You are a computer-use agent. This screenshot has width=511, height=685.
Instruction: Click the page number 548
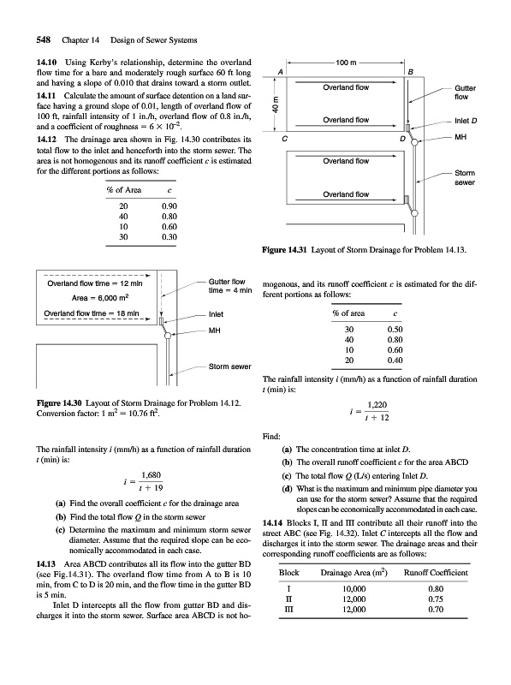click(44, 39)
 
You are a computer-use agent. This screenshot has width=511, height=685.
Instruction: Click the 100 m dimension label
click(346, 63)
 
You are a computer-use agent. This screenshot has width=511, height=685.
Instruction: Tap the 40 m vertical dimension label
click(275, 104)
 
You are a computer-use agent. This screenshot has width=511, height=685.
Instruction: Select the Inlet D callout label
click(466, 121)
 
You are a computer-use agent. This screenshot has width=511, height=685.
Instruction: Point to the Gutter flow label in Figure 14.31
click(465, 92)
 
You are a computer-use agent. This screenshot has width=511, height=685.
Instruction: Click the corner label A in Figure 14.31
click(281, 71)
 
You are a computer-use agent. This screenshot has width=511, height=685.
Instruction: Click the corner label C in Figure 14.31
click(285, 139)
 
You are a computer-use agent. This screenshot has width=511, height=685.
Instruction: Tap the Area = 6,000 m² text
click(100, 297)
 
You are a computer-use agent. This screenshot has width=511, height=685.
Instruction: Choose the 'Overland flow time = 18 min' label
click(92, 313)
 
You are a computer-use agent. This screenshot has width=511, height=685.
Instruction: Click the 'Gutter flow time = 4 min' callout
click(230, 286)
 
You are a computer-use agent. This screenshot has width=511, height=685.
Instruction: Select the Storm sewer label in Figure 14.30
click(229, 366)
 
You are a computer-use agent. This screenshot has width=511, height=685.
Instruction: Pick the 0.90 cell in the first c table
click(169, 205)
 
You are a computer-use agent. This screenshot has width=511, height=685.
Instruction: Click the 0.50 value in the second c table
click(395, 330)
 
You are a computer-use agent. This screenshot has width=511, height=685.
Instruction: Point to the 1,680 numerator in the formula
click(152, 475)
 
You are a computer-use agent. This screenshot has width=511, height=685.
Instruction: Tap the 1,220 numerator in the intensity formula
click(377, 405)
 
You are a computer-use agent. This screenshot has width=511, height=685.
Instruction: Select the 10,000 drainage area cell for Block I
click(354, 589)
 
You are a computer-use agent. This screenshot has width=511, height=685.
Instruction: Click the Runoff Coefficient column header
click(436, 572)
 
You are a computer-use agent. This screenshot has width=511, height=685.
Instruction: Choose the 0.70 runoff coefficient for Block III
click(436, 610)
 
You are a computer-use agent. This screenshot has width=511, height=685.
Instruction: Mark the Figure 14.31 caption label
click(285, 250)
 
